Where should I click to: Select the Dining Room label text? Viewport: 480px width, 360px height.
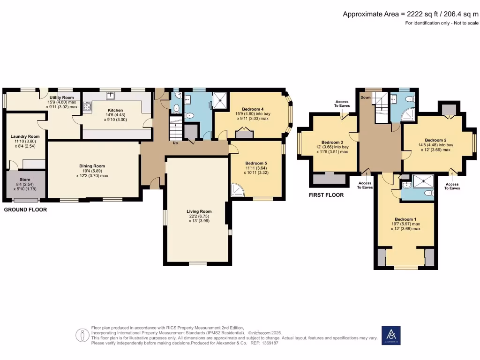92,166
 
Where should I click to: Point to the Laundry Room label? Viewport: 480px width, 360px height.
25,136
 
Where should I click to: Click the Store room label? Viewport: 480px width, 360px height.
25,179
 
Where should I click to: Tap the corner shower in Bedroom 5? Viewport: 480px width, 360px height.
238,189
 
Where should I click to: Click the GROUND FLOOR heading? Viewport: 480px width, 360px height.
25,210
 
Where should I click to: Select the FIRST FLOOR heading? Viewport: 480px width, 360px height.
326,195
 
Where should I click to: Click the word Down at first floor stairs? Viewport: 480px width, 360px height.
366,97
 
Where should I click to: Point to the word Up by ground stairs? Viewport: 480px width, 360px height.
176,142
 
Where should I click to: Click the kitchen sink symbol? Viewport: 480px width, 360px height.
112,97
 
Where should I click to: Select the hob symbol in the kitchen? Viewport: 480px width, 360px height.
87,107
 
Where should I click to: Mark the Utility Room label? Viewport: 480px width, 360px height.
62,97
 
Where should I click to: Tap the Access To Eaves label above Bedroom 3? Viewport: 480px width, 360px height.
343,103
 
